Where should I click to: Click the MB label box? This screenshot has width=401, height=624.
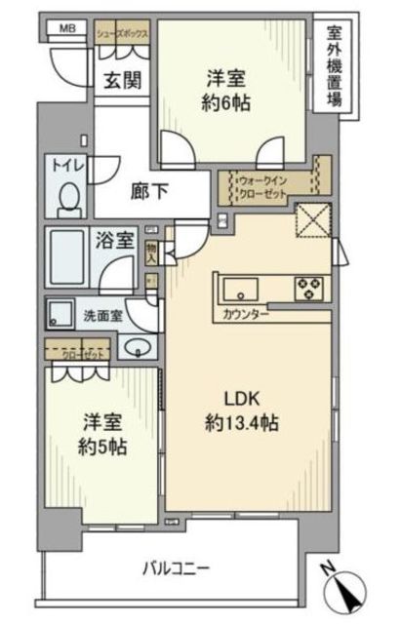(x=67, y=28)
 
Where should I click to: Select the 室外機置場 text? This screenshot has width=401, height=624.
(x=334, y=65)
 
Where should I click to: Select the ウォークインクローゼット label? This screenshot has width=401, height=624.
(x=269, y=185)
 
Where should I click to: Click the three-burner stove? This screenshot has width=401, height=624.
(x=311, y=287)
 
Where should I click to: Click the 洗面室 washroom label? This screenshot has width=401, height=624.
(x=101, y=315)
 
